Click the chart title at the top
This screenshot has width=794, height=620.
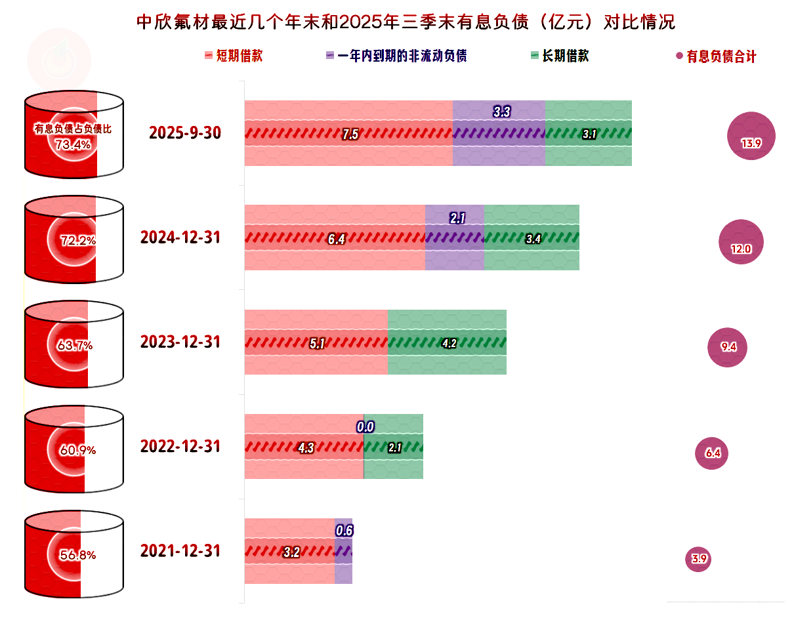(x=405, y=23)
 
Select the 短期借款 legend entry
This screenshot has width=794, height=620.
(x=234, y=56)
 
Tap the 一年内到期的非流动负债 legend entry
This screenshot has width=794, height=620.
(x=396, y=56)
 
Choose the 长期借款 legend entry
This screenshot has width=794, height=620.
(x=559, y=56)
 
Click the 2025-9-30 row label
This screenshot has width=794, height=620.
(x=185, y=133)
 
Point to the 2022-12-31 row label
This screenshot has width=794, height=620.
(x=180, y=447)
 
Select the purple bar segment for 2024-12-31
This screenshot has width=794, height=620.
(x=455, y=238)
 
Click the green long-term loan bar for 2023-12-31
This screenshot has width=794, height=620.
(x=447, y=342)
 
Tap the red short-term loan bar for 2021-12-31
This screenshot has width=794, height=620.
(x=289, y=551)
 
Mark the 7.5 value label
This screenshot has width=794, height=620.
(x=350, y=134)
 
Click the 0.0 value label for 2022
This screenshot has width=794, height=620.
(x=366, y=427)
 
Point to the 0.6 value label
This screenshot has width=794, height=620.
(x=345, y=531)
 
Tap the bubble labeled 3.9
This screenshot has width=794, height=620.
(x=698, y=559)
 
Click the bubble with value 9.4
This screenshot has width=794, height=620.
(x=728, y=348)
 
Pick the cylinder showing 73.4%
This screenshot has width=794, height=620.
(x=73, y=134)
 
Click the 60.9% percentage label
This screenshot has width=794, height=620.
(x=73, y=450)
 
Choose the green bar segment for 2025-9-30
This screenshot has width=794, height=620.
(x=589, y=133)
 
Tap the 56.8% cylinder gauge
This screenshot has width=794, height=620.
(x=73, y=555)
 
